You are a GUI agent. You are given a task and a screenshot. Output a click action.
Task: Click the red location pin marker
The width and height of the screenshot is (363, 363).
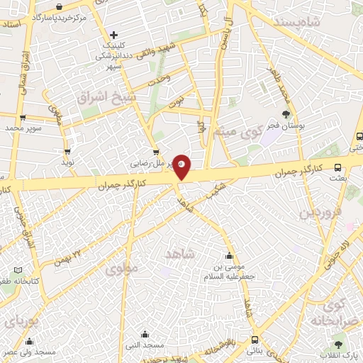point(181,165)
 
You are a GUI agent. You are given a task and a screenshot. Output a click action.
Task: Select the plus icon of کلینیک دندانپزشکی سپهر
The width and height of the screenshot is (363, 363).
point(115,33)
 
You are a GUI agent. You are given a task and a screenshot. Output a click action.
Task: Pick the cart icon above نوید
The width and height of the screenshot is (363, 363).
point(67,151)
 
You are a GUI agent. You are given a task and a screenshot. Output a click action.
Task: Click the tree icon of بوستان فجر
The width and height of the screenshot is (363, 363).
point(286,113)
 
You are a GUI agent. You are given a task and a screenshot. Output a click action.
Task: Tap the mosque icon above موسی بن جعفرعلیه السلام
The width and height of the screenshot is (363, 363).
point(228,256)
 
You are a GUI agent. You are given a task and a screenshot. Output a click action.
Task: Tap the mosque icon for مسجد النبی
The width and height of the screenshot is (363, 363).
point(145,335)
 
